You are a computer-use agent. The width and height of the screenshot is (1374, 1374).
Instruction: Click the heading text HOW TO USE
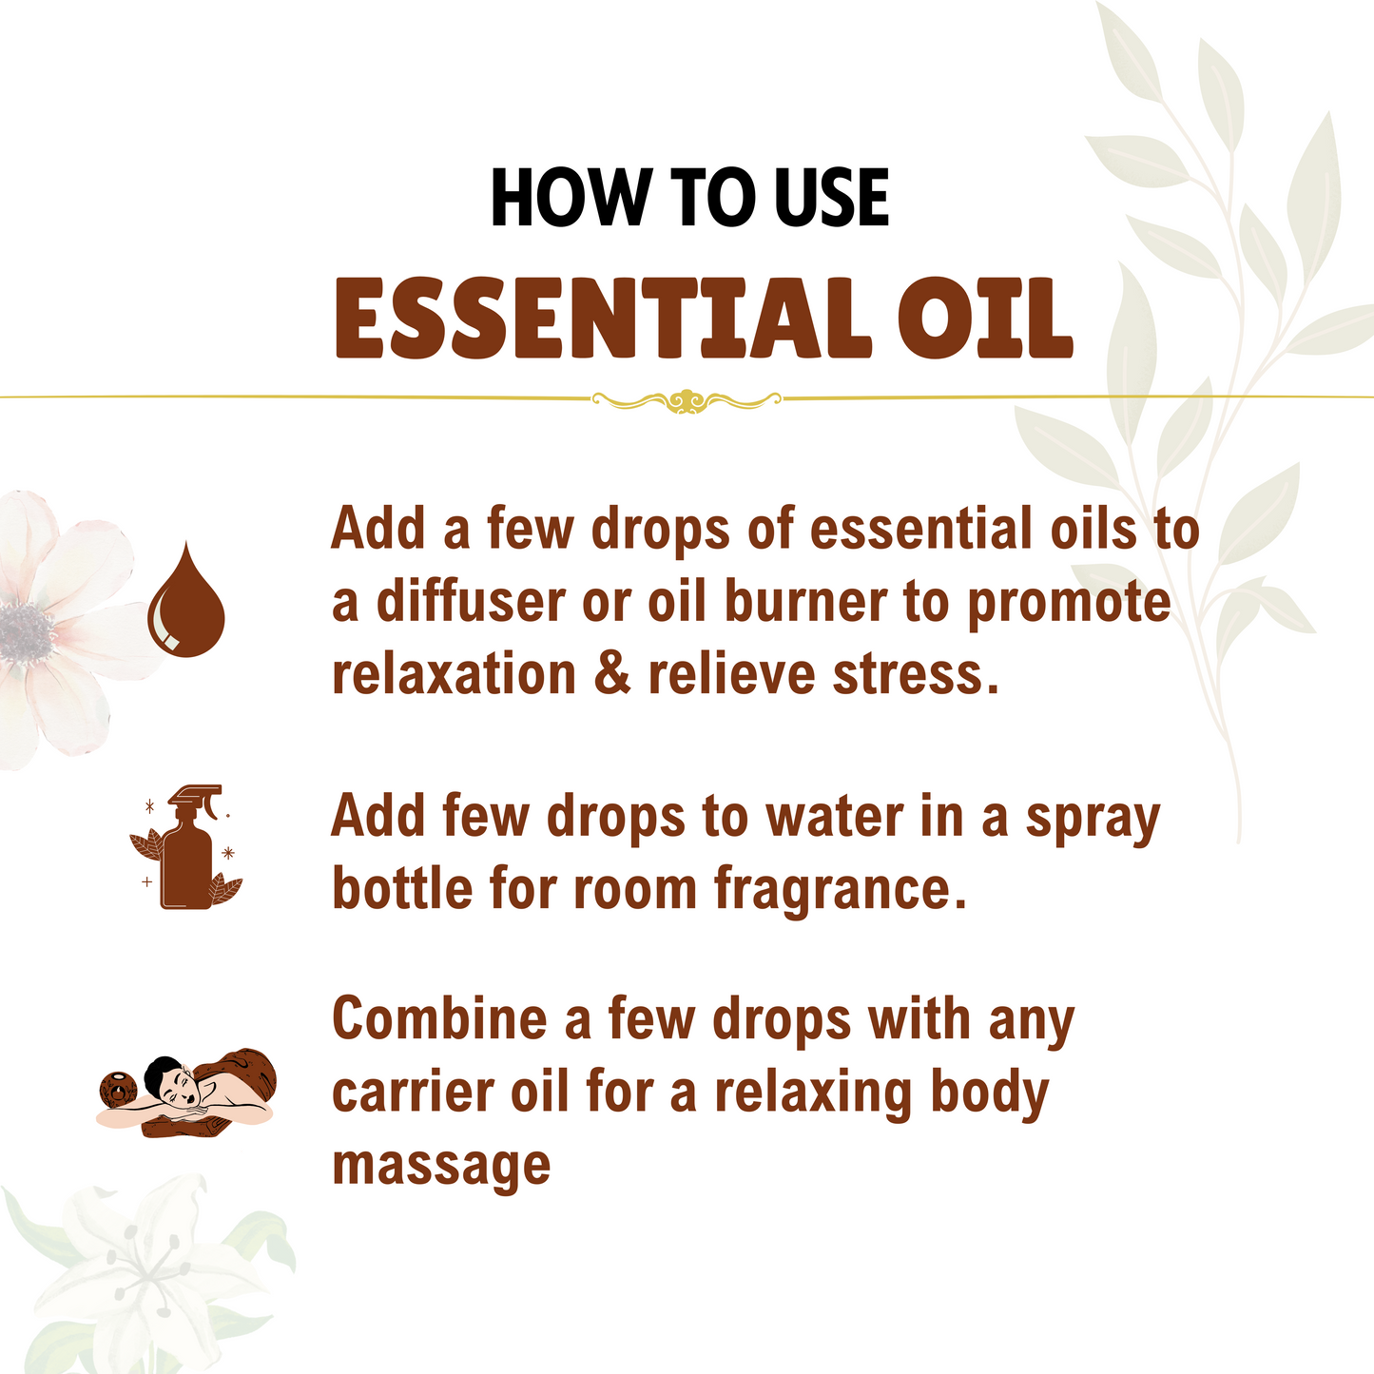coord(689,199)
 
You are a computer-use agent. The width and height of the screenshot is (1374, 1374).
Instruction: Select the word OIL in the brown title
coord(985,319)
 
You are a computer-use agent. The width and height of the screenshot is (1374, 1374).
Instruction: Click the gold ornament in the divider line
coord(686,400)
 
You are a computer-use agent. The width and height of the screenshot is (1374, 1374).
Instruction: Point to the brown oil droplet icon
coord(186,601)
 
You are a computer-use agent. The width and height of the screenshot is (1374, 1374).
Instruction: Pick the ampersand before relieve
coord(611,675)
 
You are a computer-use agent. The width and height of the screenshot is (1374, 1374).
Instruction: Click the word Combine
coord(439,1019)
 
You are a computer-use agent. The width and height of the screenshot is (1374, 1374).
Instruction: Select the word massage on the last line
coord(441,1166)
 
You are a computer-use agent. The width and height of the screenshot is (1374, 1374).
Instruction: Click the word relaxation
coord(454,675)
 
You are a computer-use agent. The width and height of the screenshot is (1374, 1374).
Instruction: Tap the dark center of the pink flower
coord(26,630)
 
